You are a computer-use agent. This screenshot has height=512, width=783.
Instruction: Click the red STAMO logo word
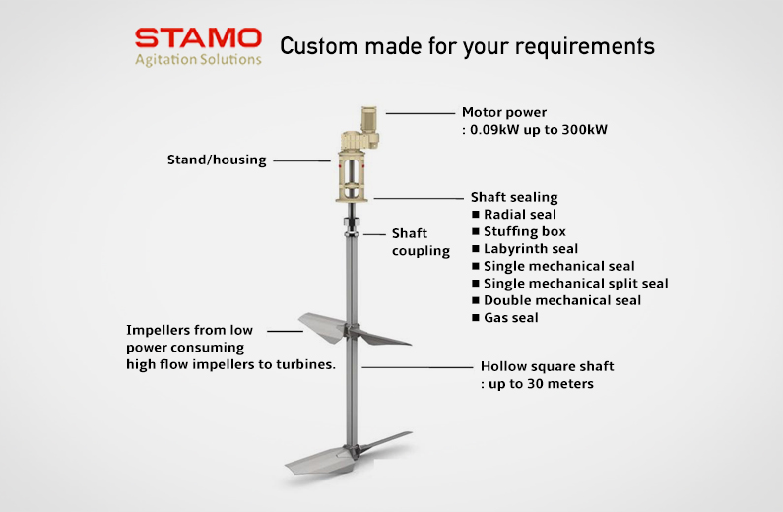point(198,38)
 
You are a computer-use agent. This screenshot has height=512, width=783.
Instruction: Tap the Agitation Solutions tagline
point(198,60)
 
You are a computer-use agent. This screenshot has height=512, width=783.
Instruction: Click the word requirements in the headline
point(585,47)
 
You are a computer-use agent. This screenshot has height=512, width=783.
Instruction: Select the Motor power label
point(504,113)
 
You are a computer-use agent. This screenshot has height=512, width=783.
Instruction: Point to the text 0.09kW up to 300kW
point(539,130)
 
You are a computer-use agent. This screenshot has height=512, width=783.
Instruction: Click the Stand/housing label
point(217,160)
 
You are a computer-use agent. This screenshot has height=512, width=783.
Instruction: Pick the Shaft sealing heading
point(514,198)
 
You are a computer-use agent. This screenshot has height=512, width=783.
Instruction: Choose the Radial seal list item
point(520,215)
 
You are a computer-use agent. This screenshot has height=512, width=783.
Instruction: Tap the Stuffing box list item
point(525,232)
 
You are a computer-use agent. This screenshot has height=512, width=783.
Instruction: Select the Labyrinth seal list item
point(531,249)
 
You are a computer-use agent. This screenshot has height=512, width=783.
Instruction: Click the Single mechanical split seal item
point(576,284)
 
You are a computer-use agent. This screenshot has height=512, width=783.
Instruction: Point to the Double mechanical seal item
point(562,300)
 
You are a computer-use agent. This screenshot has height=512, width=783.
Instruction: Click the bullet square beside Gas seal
point(476,318)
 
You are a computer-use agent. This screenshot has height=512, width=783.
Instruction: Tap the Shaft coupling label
point(421,242)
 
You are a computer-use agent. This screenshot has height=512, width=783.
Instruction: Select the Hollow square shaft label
point(547,367)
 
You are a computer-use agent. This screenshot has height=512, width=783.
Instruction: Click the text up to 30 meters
point(541,384)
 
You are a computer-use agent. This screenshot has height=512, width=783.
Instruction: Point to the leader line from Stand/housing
point(301,161)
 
